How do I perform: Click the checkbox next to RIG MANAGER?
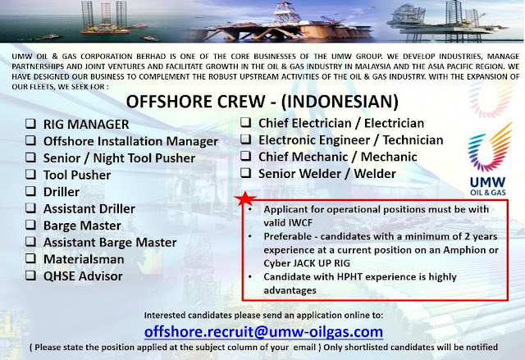(x=30, y=124)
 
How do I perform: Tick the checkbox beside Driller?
(x=30, y=191)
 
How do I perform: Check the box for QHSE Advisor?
(x=30, y=276)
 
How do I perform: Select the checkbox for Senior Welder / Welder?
(x=246, y=173)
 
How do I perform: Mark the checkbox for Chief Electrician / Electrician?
(x=246, y=122)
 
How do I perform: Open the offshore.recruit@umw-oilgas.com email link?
(x=263, y=332)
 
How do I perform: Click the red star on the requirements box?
(x=245, y=198)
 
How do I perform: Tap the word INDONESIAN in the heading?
(x=340, y=101)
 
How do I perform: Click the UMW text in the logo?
(x=487, y=182)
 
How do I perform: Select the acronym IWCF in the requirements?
(x=300, y=223)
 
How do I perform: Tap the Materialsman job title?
(x=84, y=259)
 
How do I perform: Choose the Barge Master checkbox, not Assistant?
(x=30, y=225)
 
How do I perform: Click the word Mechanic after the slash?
(x=389, y=157)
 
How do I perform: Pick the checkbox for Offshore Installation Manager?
(x=30, y=140)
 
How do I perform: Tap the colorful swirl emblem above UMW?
(x=490, y=148)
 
